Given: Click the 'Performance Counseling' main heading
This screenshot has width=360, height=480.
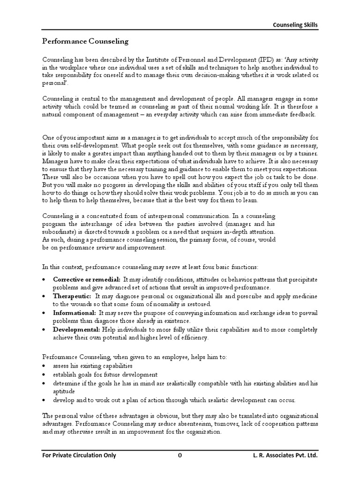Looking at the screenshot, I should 85,41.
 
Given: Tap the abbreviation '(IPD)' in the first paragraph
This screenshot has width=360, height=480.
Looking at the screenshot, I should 267,60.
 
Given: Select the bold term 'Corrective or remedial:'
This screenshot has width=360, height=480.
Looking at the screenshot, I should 80,279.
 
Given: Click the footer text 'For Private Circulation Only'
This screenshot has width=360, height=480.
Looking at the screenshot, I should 77,455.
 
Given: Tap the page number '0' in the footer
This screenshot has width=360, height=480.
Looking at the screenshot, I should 180,455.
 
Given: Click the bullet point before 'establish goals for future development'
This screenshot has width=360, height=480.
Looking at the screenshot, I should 44,375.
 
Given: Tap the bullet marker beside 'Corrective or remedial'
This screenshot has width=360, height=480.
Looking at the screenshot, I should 44,279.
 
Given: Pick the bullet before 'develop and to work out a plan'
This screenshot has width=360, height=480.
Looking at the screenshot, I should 44,400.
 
